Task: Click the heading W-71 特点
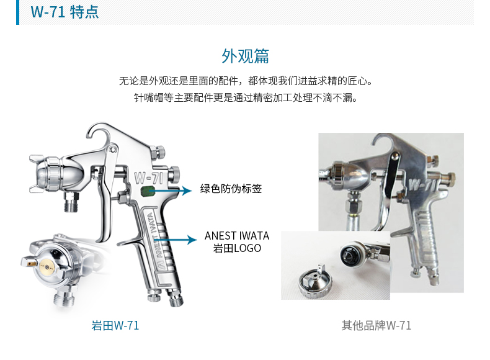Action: tap(65, 12)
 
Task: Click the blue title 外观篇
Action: tap(246, 56)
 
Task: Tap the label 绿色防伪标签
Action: tap(231, 189)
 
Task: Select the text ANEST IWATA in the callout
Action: tap(237, 235)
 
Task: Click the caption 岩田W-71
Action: tap(115, 326)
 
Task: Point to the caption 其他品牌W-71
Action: tap(376, 326)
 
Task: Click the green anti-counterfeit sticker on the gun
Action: tap(148, 191)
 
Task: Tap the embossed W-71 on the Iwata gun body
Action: tap(149, 178)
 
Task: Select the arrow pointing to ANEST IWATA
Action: tap(176, 240)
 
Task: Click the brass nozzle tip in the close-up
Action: tap(47, 267)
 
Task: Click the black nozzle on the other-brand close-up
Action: tap(349, 256)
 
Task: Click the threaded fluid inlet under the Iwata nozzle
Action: tap(71, 202)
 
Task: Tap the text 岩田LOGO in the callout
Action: tap(237, 248)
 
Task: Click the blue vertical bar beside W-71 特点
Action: tap(17, 12)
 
